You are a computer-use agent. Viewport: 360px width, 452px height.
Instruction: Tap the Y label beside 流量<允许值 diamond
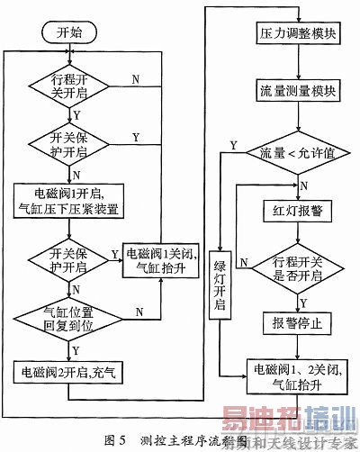[x=234, y=145]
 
